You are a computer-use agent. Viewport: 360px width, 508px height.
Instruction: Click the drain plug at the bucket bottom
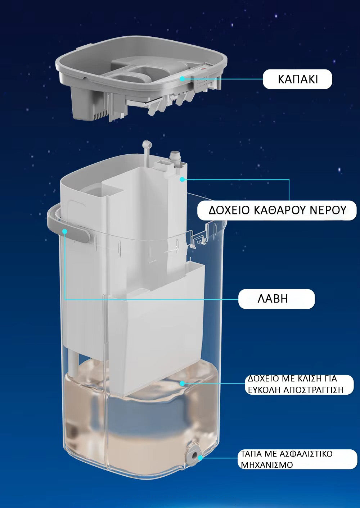tap(195, 457)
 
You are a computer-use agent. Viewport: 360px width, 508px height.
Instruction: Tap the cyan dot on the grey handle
tap(65, 232)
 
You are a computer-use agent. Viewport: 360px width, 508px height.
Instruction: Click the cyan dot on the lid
tap(182, 78)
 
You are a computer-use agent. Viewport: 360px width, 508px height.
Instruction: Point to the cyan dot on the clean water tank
tap(183, 179)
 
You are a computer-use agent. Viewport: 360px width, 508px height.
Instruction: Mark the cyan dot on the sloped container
tap(182, 383)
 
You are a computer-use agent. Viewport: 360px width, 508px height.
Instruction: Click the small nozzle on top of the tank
tap(175, 156)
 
